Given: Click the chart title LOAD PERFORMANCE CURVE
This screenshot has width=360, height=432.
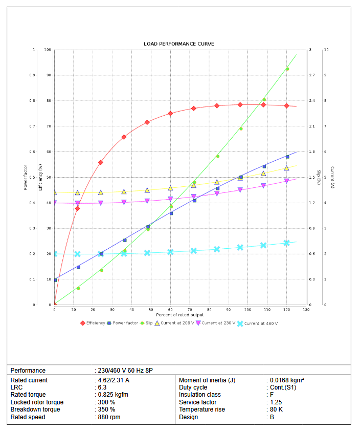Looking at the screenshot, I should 179,44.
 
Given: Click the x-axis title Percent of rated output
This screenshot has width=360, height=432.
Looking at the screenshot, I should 179,315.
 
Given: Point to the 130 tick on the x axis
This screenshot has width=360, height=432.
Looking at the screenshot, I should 306,309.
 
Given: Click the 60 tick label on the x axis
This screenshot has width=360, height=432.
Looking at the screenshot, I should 170,309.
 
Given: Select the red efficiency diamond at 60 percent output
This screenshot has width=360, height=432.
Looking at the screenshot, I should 171,114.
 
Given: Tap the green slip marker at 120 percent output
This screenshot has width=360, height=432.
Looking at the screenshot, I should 287,69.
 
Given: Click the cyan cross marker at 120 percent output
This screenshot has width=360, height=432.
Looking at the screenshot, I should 287,243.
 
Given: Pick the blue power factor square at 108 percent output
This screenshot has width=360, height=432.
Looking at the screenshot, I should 264,166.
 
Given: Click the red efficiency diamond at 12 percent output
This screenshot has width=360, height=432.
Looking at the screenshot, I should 78,208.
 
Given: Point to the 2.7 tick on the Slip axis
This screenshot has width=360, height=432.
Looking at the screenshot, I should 311,75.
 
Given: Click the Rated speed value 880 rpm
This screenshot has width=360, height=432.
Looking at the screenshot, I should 109,417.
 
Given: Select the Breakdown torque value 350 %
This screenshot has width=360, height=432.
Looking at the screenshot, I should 106,409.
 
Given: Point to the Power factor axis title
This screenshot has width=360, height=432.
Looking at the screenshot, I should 26,177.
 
